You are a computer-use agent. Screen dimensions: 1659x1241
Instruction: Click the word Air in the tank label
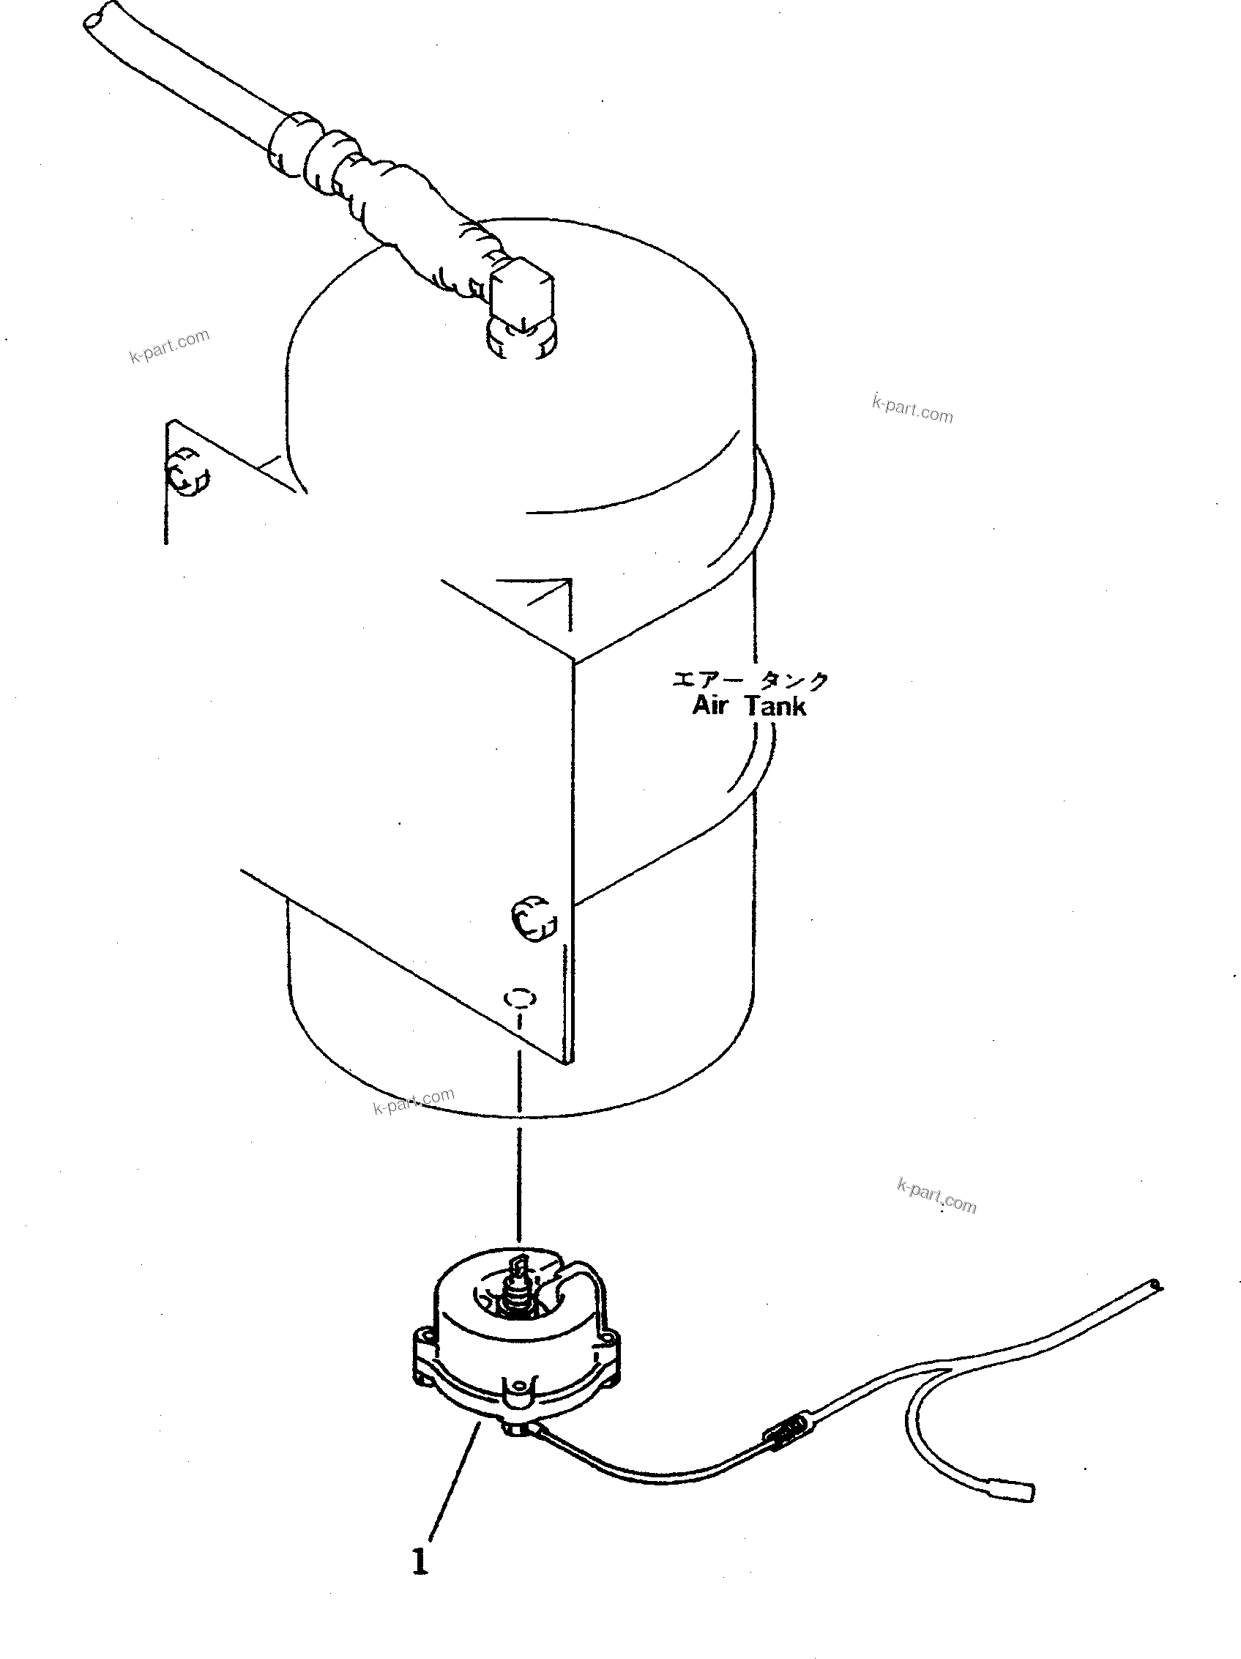tap(709, 706)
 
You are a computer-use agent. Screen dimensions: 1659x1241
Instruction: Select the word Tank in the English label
tap(775, 706)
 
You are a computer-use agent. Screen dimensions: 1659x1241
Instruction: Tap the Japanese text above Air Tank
tap(750, 680)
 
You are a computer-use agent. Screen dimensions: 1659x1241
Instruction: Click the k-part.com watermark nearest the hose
tap(169, 346)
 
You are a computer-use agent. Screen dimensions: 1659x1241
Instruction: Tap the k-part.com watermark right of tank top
tap(912, 409)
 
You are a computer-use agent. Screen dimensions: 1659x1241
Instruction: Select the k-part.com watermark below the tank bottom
tap(414, 1100)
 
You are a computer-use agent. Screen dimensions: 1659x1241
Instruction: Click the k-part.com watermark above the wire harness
tap(936, 1195)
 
